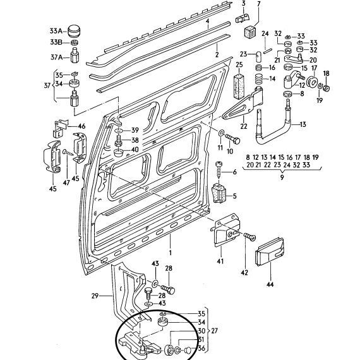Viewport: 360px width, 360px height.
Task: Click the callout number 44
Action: [270, 284]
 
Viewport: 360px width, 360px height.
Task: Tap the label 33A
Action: [56, 31]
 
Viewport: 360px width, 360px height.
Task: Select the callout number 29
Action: [95, 296]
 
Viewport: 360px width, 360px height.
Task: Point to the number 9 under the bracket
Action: [282, 177]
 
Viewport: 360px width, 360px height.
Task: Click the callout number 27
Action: [214, 331]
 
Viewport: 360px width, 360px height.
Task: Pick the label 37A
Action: [56, 57]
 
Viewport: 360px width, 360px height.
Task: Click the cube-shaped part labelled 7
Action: [250, 31]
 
